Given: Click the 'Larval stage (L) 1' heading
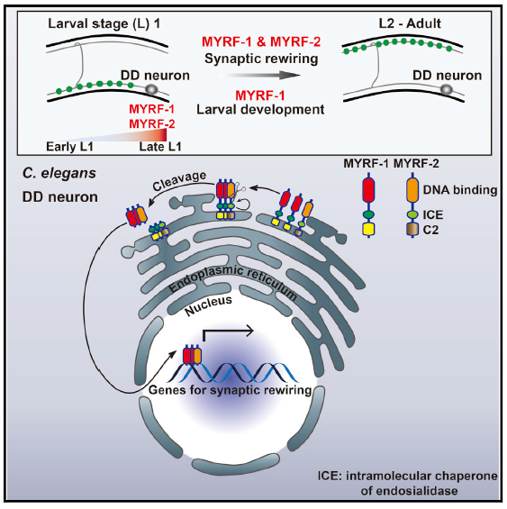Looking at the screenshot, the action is [x=104, y=24].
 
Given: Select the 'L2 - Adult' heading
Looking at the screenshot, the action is [x=410, y=23].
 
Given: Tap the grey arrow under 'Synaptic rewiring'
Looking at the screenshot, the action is [x=260, y=76].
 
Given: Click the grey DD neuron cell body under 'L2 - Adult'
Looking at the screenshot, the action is [x=446, y=89].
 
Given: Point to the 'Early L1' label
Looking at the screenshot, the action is [x=69, y=147].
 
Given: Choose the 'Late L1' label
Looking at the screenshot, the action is [x=160, y=147].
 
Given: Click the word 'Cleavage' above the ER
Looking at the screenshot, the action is [x=179, y=180].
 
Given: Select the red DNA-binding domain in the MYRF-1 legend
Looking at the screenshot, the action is [x=368, y=189].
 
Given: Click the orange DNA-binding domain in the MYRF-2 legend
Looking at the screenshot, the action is [x=412, y=189].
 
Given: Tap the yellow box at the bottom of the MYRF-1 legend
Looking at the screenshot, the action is [x=368, y=229].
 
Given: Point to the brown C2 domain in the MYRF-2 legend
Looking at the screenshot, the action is [x=412, y=229].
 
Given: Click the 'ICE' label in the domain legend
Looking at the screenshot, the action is [x=433, y=215].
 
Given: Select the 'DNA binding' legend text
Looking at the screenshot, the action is [x=460, y=190].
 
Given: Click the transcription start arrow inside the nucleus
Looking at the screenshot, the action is [x=228, y=332].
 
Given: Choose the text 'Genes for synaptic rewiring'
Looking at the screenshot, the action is [x=231, y=389].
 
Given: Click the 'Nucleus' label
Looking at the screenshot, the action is [x=208, y=305].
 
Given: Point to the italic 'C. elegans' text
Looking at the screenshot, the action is [x=59, y=173].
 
